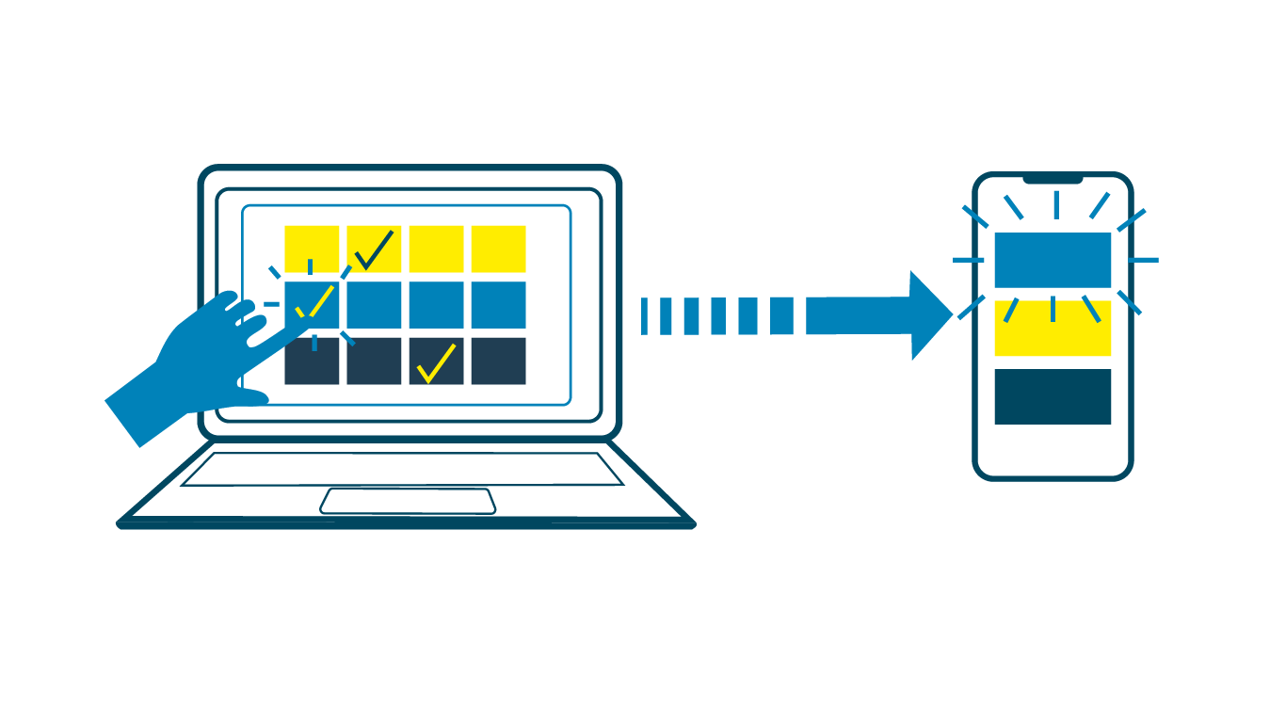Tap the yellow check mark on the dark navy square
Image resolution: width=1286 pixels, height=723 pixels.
436,363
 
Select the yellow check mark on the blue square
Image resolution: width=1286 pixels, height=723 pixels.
314,301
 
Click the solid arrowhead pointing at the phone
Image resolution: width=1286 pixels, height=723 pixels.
927,315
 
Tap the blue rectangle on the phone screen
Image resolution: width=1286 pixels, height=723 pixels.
1053,260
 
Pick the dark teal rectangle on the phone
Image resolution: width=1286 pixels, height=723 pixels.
1053,396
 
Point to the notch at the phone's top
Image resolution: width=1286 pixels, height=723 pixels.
1053,179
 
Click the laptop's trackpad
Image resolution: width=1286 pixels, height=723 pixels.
408,501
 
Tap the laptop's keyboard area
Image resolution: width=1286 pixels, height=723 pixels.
402,469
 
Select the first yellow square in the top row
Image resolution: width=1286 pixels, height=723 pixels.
312,249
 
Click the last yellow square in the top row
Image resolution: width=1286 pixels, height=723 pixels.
498,249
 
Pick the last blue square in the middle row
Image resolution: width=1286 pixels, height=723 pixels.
498,305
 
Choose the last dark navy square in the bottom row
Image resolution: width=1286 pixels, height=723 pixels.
498,361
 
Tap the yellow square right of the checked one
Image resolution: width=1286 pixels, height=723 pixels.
436,249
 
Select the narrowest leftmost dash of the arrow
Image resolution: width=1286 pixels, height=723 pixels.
644,315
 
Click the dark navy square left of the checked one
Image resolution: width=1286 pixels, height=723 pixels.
374,361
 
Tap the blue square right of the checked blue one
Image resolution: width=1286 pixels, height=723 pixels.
374,305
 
